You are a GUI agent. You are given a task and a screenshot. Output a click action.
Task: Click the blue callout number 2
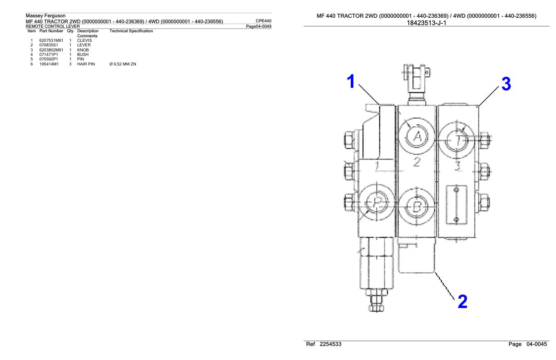pyautogui.click(x=461, y=301)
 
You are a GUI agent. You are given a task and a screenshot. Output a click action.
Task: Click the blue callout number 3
pyautogui.click(x=505, y=84)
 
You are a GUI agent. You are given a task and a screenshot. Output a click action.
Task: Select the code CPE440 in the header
pyautogui.click(x=264, y=20)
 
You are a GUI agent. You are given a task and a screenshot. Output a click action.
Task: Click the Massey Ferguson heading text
pyautogui.click(x=46, y=15)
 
